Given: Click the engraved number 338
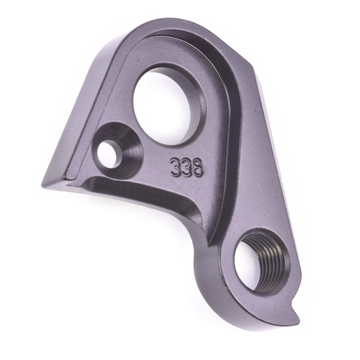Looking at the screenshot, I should [186, 169].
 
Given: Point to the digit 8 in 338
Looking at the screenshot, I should [198, 168].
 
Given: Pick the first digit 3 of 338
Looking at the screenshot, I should [174, 169].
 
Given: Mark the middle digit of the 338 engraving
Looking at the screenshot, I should [186, 169].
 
